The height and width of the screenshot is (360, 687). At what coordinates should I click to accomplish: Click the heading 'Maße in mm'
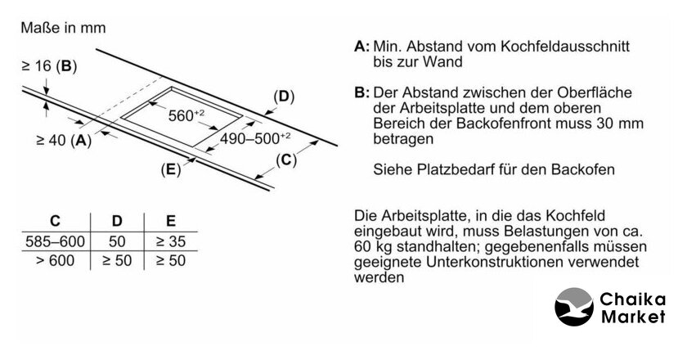[63, 28]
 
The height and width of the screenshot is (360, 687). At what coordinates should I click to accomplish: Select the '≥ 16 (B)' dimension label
[49, 66]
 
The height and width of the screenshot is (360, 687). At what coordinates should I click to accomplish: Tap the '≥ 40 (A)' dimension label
[64, 140]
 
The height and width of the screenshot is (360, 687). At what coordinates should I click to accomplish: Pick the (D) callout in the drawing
[284, 97]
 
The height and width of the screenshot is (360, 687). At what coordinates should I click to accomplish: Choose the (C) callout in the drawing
[286, 160]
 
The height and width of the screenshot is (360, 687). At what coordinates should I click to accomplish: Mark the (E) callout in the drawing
[171, 169]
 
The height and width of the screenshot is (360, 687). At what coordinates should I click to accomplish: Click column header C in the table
[56, 221]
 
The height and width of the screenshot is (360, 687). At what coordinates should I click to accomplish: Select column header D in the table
[117, 221]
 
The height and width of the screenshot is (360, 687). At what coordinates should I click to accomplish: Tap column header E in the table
[171, 221]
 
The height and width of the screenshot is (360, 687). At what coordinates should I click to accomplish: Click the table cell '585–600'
[56, 241]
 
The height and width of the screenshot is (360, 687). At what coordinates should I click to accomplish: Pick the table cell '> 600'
[56, 260]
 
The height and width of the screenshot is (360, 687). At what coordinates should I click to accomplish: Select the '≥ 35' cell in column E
[171, 241]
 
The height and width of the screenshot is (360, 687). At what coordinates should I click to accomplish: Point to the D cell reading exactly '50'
[117, 241]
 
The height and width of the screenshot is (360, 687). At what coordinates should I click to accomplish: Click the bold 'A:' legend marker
[361, 46]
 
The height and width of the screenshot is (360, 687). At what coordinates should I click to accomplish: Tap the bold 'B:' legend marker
[361, 92]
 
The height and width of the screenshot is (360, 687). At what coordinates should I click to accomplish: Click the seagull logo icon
[574, 307]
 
